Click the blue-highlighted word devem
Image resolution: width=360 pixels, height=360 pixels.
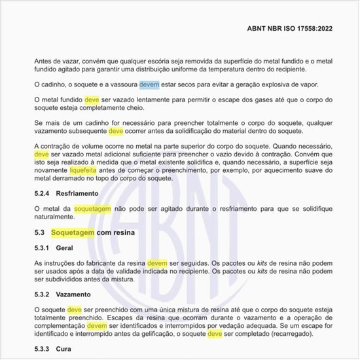[x=149, y=84]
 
